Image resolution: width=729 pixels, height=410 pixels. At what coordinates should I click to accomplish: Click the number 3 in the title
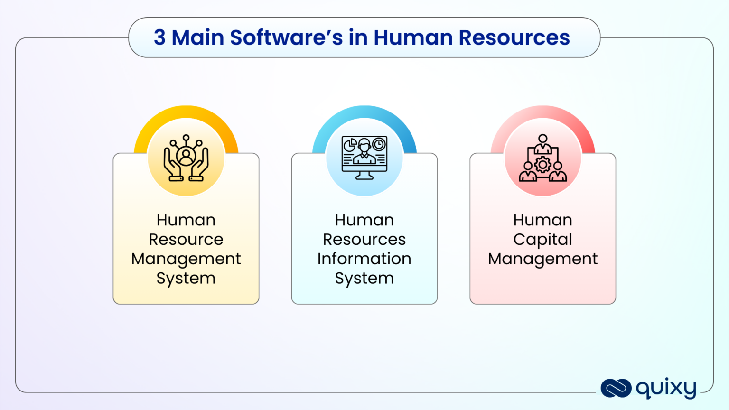pyautogui.click(x=159, y=37)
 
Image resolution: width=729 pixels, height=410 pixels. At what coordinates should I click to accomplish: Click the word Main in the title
pyautogui.click(x=199, y=37)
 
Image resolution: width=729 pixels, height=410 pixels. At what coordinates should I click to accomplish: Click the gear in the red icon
pyautogui.click(x=542, y=165)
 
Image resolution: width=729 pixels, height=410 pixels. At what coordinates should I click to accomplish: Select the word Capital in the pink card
pyautogui.click(x=542, y=240)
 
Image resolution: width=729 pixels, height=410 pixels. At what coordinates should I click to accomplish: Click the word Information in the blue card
pyautogui.click(x=364, y=259)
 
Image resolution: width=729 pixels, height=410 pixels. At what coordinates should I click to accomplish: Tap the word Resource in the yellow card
pyautogui.click(x=186, y=239)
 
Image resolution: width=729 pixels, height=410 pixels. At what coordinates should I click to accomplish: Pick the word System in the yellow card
pyautogui.click(x=186, y=279)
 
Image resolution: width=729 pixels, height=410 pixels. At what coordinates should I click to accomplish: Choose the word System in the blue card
pyautogui.click(x=364, y=279)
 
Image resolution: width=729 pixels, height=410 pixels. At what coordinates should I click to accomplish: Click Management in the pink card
pyautogui.click(x=542, y=259)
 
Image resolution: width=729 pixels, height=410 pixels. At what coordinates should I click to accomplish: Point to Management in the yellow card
pyautogui.click(x=186, y=259)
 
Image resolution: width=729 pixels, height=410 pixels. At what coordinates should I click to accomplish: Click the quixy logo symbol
pyautogui.click(x=616, y=388)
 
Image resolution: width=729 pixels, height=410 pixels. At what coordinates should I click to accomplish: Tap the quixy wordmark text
pyautogui.click(x=666, y=389)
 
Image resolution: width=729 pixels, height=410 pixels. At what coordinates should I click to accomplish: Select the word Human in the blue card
pyautogui.click(x=364, y=220)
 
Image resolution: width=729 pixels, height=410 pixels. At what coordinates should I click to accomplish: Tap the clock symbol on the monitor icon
pyautogui.click(x=379, y=144)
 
